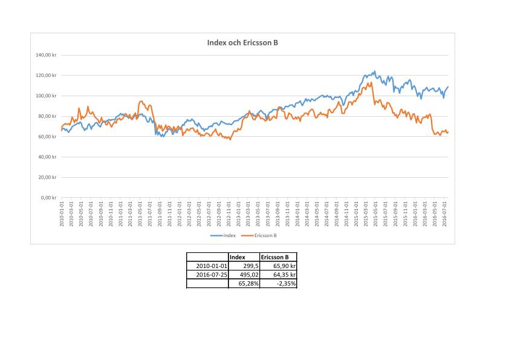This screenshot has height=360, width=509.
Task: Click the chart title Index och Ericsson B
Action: click(x=242, y=43)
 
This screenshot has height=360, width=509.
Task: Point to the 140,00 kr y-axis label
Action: click(x=47, y=55)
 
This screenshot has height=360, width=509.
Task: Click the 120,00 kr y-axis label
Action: click(x=47, y=76)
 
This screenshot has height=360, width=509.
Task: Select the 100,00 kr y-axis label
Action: click(x=47, y=96)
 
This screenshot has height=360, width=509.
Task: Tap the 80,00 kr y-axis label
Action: click(x=48, y=116)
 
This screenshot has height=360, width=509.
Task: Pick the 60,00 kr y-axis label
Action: click(x=48, y=137)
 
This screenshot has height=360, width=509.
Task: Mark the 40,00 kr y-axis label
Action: click(x=48, y=157)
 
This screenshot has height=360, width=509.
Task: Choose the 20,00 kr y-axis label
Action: click(x=48, y=177)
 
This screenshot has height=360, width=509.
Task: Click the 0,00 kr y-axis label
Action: click(x=49, y=198)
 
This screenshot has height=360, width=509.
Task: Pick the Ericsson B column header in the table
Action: click(x=274, y=257)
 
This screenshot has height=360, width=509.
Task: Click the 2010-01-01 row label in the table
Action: click(x=212, y=266)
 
